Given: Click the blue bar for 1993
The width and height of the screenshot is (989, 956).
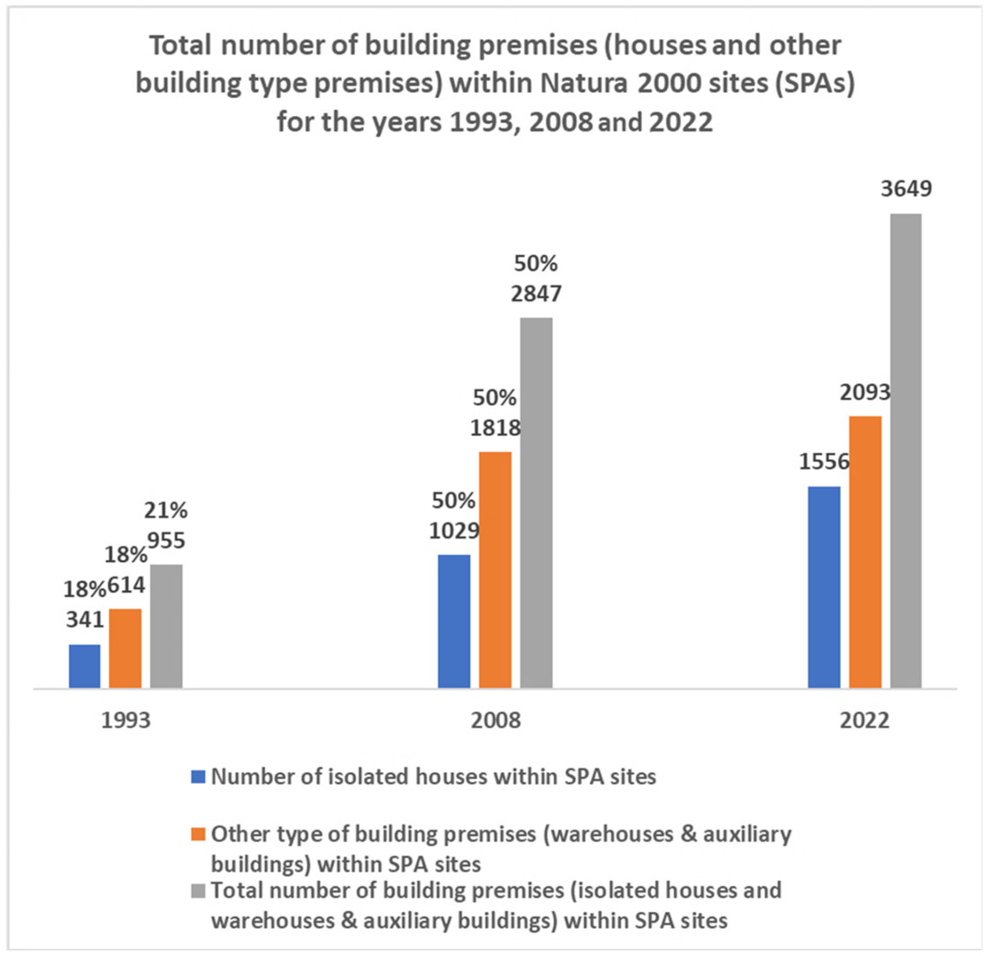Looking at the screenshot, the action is pos(85,666).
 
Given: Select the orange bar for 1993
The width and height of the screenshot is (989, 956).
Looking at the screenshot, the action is pos(125,648).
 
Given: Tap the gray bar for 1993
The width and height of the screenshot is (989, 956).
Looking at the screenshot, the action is pos(167,626).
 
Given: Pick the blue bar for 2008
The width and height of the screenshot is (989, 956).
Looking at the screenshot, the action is pos(454,621).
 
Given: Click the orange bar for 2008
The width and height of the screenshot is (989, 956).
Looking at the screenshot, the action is pos(495,570).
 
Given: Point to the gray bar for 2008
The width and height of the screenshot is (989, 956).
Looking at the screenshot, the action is pos(536,503).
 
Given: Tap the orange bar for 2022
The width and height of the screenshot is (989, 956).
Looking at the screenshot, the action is pos(865,552).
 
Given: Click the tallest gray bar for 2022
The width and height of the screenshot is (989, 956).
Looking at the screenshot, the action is pos(906,451).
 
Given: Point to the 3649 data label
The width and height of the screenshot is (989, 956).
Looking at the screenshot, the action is pos(906,189).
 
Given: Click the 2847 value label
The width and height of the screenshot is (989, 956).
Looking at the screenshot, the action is pos(536,294).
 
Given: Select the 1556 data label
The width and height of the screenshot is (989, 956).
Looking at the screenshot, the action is pos(825,462).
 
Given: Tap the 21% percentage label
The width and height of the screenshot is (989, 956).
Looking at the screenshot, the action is pos(166,511).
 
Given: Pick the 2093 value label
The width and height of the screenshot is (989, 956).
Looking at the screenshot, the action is pos(865,392).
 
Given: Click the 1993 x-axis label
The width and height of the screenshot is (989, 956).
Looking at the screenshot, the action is pos(126,721).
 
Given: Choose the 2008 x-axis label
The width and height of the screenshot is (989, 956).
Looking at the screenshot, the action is pos(496,721).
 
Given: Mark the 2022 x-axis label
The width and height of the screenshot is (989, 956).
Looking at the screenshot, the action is pos(864,721).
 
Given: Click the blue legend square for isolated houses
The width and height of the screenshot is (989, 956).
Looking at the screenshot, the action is pos(198,777).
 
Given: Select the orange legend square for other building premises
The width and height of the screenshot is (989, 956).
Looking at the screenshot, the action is pos(198,834).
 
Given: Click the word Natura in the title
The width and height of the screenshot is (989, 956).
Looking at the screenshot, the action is pos(585,84).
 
